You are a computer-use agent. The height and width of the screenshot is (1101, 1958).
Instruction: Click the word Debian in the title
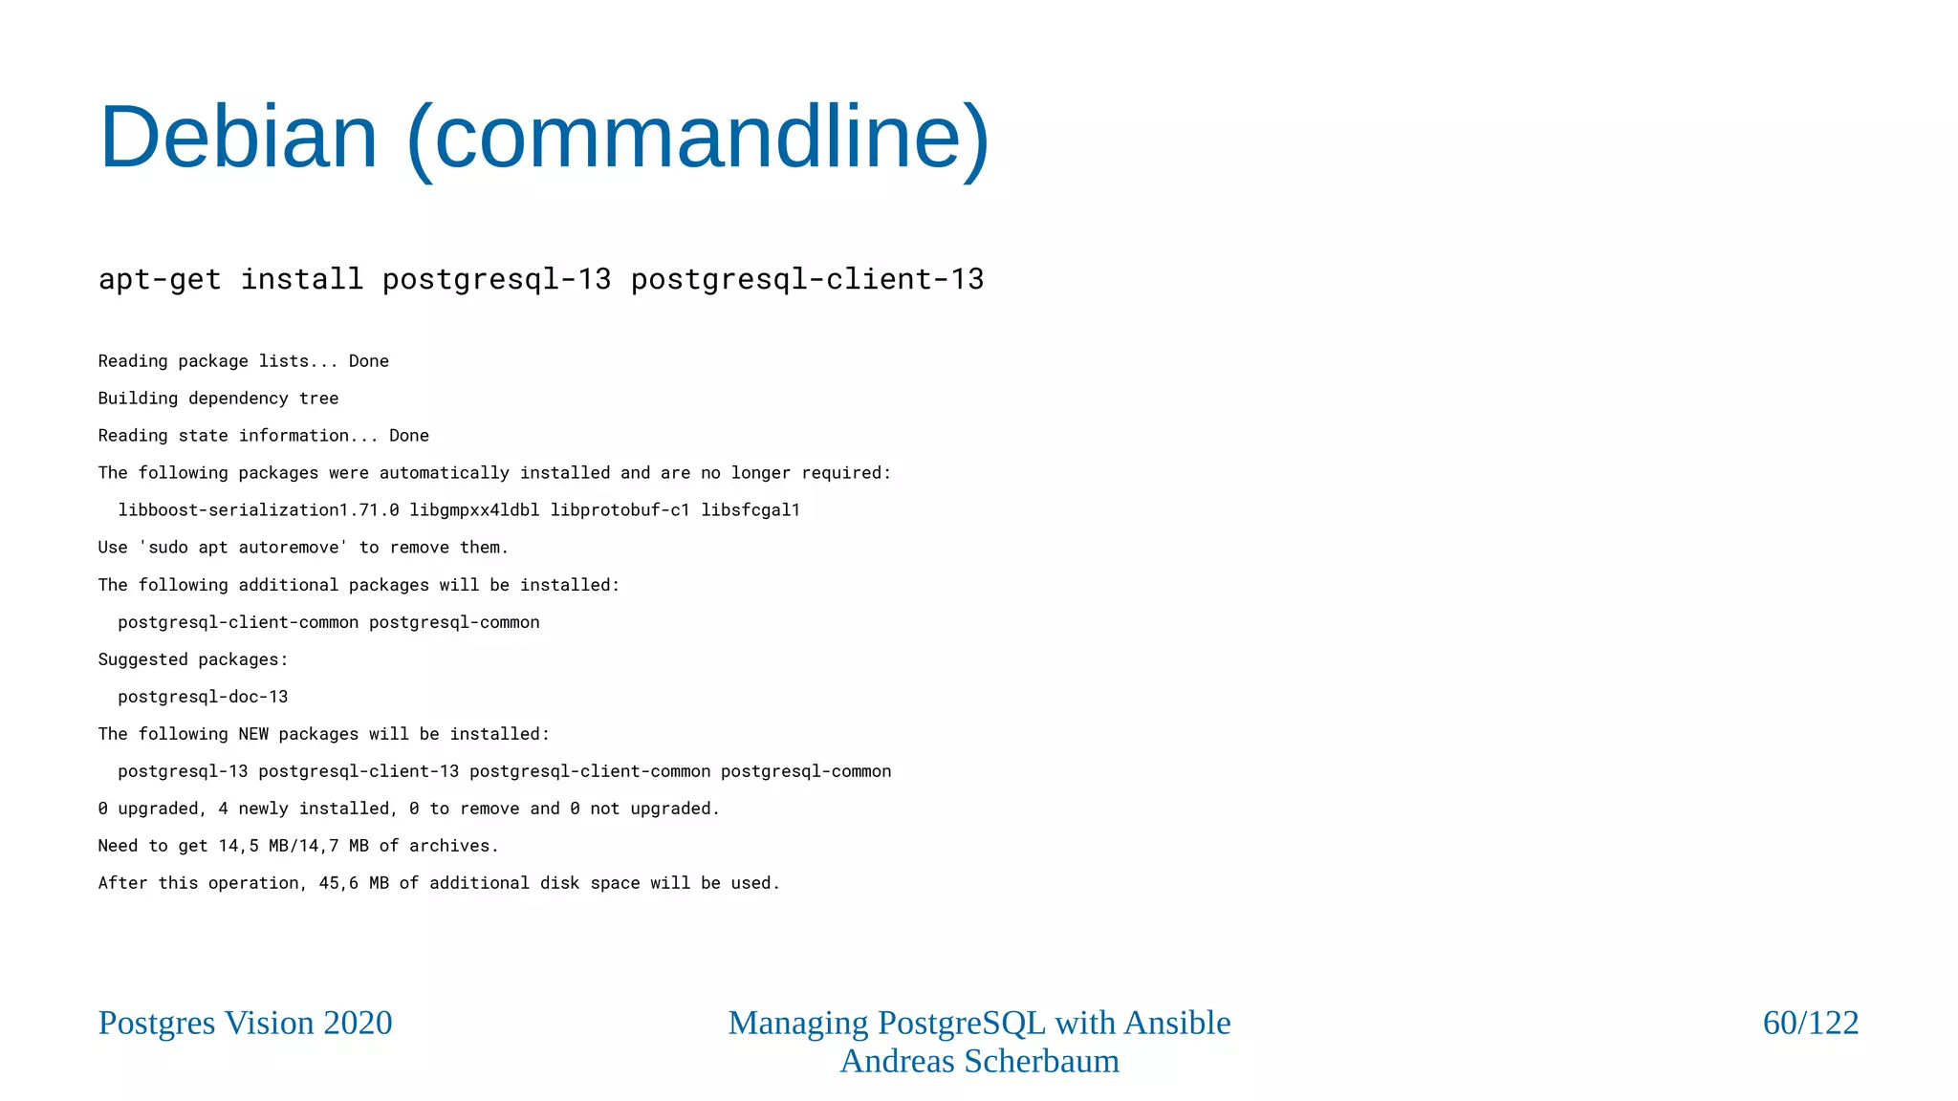point(238,138)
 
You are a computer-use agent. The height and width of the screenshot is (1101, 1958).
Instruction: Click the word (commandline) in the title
point(698,138)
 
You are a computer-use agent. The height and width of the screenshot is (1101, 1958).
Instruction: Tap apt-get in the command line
point(160,279)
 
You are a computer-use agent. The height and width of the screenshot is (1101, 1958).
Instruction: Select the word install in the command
point(301,279)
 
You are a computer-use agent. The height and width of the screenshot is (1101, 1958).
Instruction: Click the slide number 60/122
point(1810,1023)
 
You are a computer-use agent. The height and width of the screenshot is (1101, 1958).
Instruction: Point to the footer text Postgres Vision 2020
point(245,1023)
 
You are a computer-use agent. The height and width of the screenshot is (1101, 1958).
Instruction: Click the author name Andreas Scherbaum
point(979,1061)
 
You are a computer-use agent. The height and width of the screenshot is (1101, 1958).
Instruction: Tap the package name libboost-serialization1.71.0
point(258,510)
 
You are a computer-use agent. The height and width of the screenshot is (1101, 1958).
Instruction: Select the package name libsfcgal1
point(751,510)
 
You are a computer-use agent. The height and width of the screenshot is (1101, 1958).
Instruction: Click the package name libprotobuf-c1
point(620,510)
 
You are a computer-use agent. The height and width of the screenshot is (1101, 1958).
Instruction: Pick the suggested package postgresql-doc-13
point(203,697)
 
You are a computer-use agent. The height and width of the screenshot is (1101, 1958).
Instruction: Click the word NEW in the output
point(253,734)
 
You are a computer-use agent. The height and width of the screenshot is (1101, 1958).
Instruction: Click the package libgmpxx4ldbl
point(474,510)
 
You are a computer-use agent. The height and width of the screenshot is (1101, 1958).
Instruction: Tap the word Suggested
point(142,659)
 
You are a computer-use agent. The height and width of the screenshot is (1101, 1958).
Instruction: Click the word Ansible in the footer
point(1177,1023)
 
